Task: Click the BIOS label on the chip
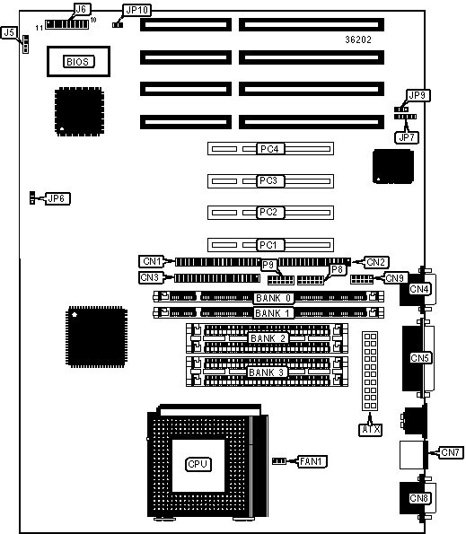point(79,62)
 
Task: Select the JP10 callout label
point(136,10)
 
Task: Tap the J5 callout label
point(9,32)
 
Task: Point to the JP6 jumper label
point(57,198)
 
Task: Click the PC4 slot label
point(269,149)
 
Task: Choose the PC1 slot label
point(269,245)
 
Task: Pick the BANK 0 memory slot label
point(274,298)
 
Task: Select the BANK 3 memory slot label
point(267,372)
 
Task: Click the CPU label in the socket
point(198,464)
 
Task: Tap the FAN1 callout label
point(312,461)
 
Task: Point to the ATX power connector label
point(371,430)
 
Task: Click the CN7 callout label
point(451,452)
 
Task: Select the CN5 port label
point(419,358)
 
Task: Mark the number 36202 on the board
point(358,39)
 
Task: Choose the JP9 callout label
point(418,95)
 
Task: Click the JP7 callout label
point(407,137)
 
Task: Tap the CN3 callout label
point(151,277)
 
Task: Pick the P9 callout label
point(268,265)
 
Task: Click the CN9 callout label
point(395,278)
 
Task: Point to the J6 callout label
point(82,9)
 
